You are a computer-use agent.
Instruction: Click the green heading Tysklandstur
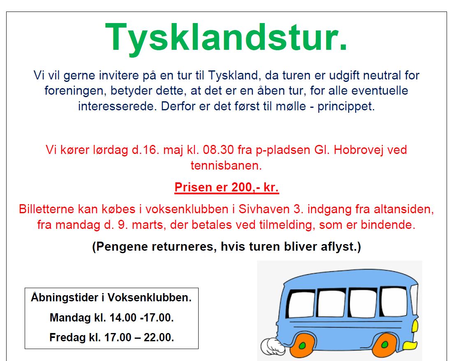[226, 37]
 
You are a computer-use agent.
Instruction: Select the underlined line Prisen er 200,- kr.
[227, 188]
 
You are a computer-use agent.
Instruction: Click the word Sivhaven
[256, 209]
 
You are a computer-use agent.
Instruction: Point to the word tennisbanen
[226, 166]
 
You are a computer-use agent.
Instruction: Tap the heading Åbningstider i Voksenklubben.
[111, 298]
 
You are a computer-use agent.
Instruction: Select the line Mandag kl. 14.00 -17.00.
[111, 318]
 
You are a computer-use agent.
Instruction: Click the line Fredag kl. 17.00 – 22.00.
[111, 338]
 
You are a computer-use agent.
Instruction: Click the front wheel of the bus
[386, 345]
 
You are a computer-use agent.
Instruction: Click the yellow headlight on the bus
[415, 327]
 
